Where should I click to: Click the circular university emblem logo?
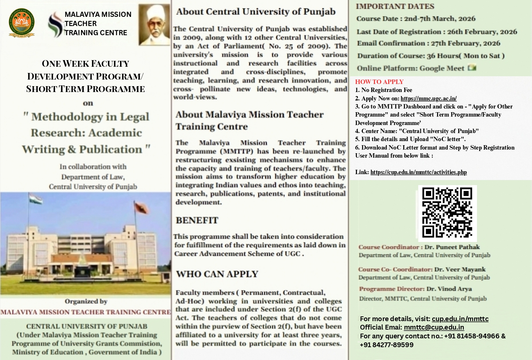tap(22, 23)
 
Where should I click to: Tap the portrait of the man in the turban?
tap(154, 25)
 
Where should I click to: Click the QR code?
tap(447, 213)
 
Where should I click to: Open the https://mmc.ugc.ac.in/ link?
tap(429, 98)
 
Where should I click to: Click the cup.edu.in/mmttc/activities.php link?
tap(419, 172)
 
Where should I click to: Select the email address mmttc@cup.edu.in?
tap(434, 327)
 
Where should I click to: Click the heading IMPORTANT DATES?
tap(395, 6)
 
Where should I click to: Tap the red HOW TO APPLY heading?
tap(379, 82)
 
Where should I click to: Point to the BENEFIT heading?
tap(197, 220)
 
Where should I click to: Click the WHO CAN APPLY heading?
tap(217, 274)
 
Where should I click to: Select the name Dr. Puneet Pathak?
tap(452, 247)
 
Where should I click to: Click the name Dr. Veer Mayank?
tap(460, 269)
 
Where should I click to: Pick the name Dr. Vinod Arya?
tap(449, 289)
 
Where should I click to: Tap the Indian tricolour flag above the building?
tap(36, 199)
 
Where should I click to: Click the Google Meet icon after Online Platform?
tap(472, 68)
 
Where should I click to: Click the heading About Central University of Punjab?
tap(256, 12)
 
